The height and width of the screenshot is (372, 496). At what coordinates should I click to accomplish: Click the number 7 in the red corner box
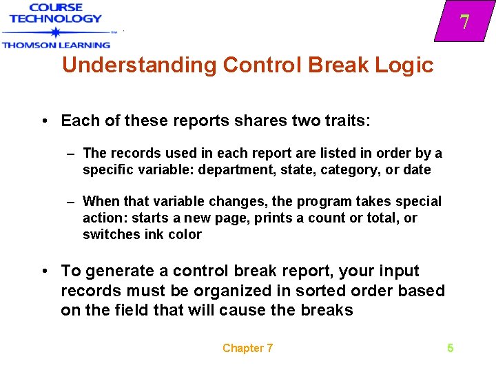[465, 22]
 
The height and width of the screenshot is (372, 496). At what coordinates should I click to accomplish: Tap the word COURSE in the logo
[55, 7]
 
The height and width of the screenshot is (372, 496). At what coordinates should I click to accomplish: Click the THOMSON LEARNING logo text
[56, 45]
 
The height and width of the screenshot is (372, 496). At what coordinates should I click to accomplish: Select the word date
[417, 169]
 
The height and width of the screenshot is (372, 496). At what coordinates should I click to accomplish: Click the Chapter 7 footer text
[247, 348]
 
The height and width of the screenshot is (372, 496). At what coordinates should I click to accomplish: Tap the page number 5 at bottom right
[451, 348]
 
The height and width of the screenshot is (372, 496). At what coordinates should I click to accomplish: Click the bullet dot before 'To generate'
[43, 271]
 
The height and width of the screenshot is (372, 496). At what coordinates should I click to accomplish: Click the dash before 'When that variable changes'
[71, 201]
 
